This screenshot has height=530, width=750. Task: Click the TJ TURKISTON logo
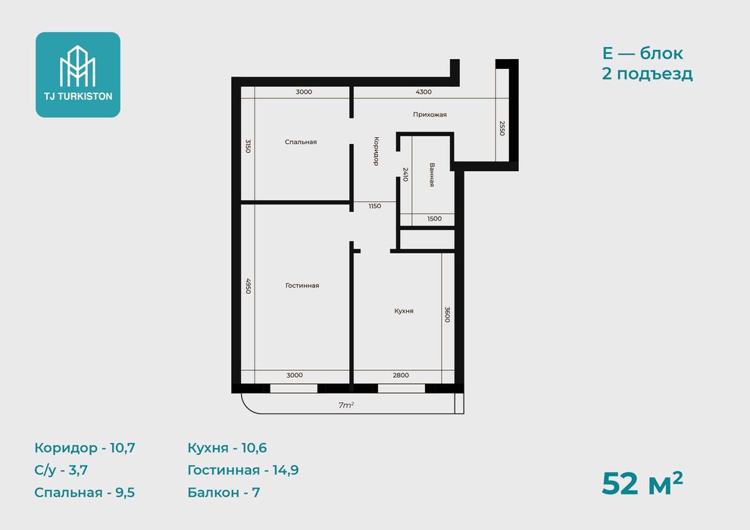tap(78, 74)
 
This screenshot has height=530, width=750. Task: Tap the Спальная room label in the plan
tap(301, 142)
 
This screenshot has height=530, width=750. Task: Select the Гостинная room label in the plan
tap(302, 285)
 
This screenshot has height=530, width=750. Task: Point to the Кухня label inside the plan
tap(404, 310)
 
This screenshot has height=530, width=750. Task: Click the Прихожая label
tap(430, 114)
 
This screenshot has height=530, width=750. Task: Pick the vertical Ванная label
tap(432, 175)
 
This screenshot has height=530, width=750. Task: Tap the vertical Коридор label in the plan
tap(376, 151)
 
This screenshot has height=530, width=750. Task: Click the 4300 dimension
tap(423, 92)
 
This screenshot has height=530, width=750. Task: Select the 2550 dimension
tap(502, 128)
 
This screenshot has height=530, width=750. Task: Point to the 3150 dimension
tap(248, 146)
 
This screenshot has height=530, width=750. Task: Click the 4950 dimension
tap(248, 285)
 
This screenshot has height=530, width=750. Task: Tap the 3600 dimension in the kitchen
tap(447, 314)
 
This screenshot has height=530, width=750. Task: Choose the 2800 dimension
tap(401, 375)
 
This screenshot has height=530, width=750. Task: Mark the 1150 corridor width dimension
tap(374, 206)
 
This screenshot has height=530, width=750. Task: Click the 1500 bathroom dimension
tap(434, 219)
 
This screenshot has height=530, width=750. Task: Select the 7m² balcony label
tap(345, 405)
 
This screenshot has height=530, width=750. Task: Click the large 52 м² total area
tap(642, 483)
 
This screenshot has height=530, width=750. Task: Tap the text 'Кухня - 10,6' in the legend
tap(227, 447)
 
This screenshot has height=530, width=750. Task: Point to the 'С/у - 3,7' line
tap(61, 470)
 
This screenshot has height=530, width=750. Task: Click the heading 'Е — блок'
tap(642, 53)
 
